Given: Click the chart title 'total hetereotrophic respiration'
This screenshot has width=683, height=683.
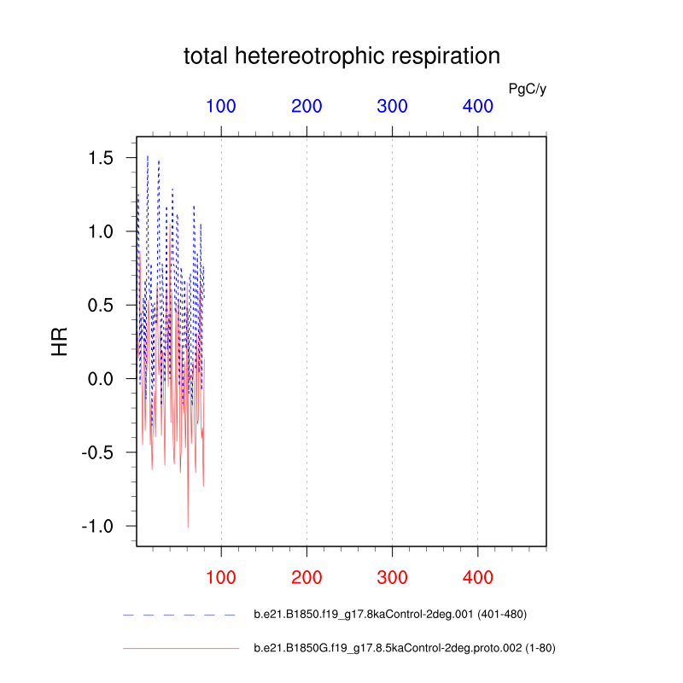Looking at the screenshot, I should click(x=341, y=57).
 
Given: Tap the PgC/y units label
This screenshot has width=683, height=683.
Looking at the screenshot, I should click(x=527, y=89).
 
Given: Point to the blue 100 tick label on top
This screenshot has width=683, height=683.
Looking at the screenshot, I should click(x=221, y=107).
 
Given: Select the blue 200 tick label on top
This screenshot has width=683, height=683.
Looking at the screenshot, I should click(x=306, y=107).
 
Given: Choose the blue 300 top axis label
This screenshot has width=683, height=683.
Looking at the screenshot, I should click(x=392, y=107).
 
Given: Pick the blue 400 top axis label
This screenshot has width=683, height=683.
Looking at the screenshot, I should click(x=477, y=107).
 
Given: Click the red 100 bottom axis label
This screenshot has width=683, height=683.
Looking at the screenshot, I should click(x=221, y=578).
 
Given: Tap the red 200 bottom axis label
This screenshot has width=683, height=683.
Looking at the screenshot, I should click(x=306, y=578).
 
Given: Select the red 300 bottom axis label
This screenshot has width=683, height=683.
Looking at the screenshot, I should click(x=392, y=578).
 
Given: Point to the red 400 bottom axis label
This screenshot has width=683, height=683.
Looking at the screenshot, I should click(x=477, y=578).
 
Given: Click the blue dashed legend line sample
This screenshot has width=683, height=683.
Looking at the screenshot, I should click(x=179, y=615).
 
